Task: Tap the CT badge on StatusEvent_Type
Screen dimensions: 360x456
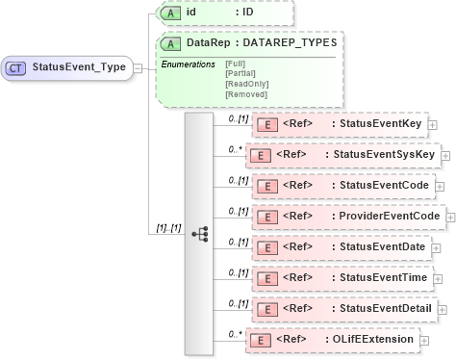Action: [16, 67]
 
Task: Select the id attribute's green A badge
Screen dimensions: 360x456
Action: [170, 13]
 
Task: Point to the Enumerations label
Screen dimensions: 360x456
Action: [188, 64]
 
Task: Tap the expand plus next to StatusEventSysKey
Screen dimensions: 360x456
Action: [443, 155]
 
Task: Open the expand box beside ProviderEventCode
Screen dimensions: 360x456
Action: [447, 217]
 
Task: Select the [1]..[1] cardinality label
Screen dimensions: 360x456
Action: [169, 228]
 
